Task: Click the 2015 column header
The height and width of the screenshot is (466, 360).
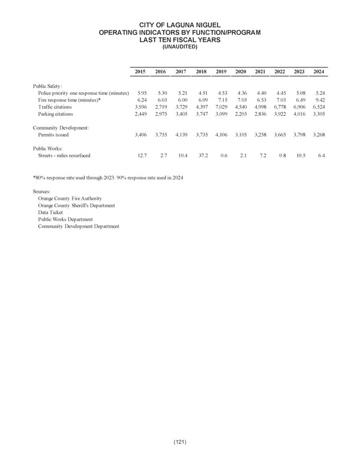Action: coord(140,72)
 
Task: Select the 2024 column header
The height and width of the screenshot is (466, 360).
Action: coord(319,72)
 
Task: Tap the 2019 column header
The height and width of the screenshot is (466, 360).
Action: coord(221,72)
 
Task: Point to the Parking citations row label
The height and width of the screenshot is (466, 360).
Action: coord(55,113)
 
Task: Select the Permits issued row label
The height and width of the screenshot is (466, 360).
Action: coord(53,135)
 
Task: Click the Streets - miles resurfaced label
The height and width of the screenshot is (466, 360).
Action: coord(64,156)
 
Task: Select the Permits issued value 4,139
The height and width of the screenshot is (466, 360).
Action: coord(179,135)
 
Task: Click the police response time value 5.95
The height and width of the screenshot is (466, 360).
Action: coord(142,93)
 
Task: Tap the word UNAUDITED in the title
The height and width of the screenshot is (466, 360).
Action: coord(180,46)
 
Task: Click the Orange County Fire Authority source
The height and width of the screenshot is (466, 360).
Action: coord(70,198)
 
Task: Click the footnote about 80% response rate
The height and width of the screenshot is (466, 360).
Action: coord(109,178)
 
